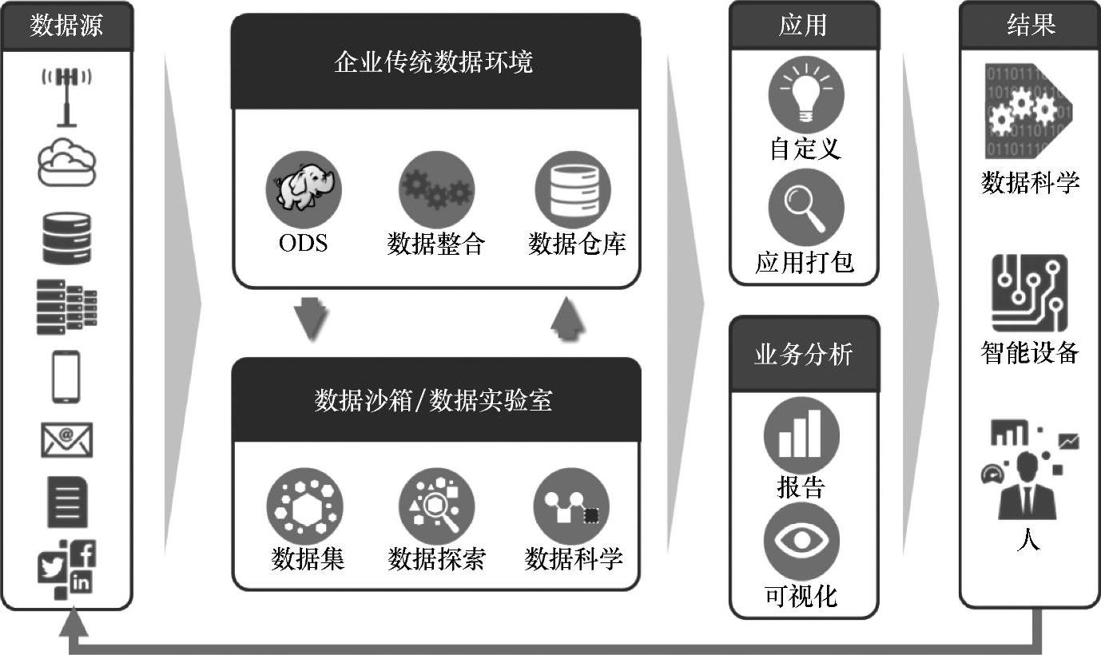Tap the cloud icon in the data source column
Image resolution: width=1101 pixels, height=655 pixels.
[67, 162]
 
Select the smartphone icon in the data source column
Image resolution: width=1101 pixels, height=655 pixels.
[66, 376]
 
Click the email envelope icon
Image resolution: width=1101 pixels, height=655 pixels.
[67, 440]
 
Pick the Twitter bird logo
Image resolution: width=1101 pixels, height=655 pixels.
[53, 568]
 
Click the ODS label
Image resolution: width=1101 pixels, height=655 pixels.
[303, 243]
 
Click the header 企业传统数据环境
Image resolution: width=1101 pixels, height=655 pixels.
[435, 63]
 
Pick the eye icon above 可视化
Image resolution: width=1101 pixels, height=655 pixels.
[801, 541]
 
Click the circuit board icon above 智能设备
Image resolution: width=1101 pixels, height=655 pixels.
[1029, 293]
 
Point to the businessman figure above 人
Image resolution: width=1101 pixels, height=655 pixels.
[1027, 484]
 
